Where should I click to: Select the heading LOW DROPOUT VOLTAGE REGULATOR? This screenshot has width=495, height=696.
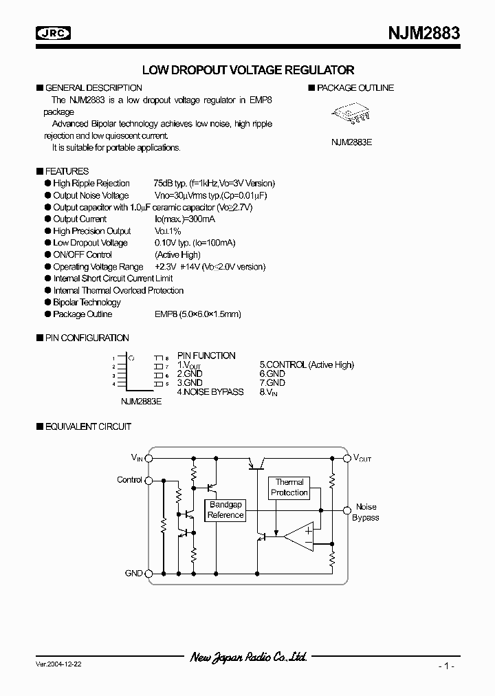pos(247,70)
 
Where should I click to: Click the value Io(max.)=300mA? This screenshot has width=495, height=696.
pos(184,219)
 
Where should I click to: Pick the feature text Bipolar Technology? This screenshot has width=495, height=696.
pos(87,302)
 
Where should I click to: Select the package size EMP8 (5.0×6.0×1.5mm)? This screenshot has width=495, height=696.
pos(197,314)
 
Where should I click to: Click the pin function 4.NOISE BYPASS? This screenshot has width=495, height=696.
pos(210,391)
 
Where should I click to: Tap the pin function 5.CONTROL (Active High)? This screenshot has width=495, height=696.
pos(306,365)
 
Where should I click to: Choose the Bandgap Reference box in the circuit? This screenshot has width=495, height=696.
pos(225,510)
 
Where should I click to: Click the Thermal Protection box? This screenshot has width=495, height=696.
pos(289,488)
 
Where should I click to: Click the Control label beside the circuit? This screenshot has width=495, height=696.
pos(129,480)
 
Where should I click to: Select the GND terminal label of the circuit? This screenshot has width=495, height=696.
pos(133,573)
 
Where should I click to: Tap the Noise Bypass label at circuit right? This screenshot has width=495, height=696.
pos(365,512)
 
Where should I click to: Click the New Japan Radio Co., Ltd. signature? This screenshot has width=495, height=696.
pos(247,657)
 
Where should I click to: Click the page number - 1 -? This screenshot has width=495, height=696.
pos(445,666)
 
